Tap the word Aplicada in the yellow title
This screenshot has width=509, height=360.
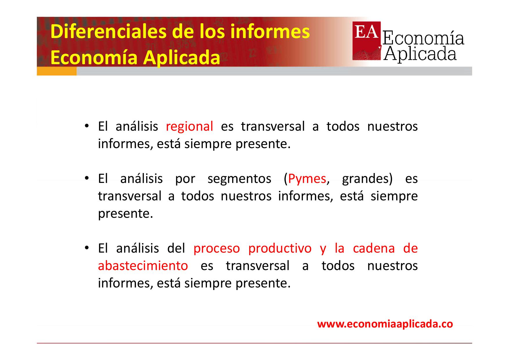coord(182,58)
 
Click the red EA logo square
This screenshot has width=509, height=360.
coord(367,41)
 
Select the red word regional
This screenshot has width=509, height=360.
coord(189,127)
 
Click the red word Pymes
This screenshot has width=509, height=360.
coord(307,179)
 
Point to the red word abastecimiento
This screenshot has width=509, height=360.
coord(143,266)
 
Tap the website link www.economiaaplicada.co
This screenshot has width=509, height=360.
coord(385,324)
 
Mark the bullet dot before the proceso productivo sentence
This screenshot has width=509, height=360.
coord(86,248)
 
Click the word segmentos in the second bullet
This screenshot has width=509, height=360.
coord(239,179)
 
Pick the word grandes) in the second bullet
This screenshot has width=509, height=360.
coord(367,179)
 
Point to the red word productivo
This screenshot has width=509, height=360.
coord(280,249)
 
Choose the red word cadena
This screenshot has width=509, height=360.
coord(374,249)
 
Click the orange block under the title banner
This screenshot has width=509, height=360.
coord(57,71)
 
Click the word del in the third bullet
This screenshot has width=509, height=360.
coord(176,249)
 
